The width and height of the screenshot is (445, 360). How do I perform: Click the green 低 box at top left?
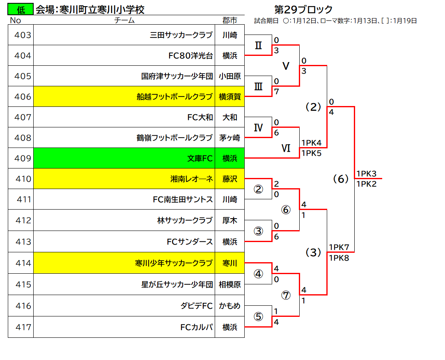click(21, 9)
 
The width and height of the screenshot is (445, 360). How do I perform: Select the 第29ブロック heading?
click(303, 10)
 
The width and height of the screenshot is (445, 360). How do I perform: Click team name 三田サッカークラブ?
click(181, 35)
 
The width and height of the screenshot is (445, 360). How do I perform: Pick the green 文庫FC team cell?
click(124, 158)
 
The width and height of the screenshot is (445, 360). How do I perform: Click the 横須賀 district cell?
click(229, 97)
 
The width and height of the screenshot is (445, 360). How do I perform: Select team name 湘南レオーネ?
click(192, 179)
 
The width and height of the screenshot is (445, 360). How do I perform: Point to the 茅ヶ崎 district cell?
click(229, 138)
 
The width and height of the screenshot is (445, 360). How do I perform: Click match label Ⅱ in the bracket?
click(258, 46)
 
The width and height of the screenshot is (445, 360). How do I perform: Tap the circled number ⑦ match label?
click(286, 295)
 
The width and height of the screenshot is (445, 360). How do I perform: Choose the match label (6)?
click(341, 179)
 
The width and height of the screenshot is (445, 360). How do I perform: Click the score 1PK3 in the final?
click(367, 173)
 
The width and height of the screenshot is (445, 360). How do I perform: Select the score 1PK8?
click(339, 258)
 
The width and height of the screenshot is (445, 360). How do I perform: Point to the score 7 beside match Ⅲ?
click(276, 92)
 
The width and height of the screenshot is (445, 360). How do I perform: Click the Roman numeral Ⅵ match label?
click(286, 148)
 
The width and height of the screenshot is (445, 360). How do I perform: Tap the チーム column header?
click(124, 21)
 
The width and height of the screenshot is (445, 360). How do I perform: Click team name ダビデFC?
click(196, 306)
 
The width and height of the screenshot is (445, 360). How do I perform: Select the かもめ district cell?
click(229, 306)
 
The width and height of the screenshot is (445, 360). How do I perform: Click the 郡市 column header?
click(229, 21)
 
